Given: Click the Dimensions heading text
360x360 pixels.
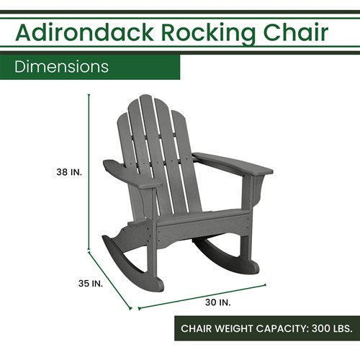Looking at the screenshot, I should point(62,67).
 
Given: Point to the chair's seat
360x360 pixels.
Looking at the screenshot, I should point(202,216).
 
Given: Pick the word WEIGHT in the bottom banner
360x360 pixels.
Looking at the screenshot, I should point(219,328).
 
